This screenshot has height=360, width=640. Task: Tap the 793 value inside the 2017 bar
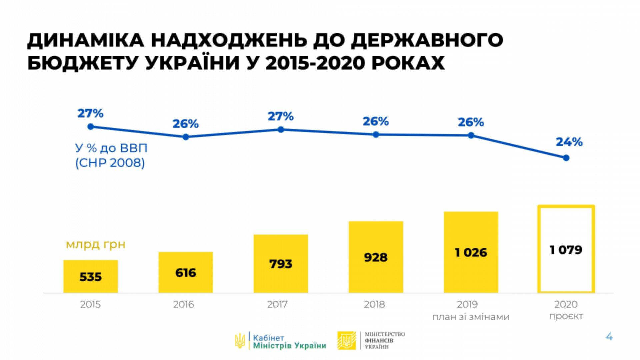(281, 264)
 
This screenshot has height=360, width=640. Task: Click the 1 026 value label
(471, 253)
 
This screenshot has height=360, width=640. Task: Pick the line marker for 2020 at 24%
(566, 158)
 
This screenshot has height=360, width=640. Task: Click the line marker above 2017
(281, 129)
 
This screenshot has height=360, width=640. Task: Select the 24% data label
(569, 142)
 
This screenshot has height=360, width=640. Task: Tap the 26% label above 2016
(185, 124)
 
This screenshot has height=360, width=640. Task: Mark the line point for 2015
(90, 127)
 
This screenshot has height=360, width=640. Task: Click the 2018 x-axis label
(374, 304)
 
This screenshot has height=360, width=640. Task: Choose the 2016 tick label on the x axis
(183, 304)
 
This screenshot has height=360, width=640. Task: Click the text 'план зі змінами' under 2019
(471, 317)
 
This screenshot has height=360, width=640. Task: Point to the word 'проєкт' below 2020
(566, 316)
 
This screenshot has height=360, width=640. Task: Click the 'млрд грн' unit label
(96, 245)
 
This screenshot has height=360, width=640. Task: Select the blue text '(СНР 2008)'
(110, 163)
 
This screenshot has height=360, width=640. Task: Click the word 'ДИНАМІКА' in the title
(86, 40)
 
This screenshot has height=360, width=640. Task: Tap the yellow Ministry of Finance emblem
(346, 340)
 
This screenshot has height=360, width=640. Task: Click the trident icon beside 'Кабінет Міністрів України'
(240, 341)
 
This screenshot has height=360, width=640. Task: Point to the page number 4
(609, 337)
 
